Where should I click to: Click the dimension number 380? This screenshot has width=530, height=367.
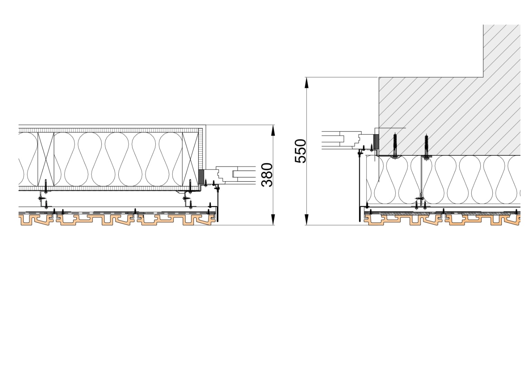pyautogui.click(x=267, y=175)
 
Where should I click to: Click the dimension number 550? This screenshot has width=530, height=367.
pyautogui.click(x=301, y=151)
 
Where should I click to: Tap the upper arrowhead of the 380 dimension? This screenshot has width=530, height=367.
pyautogui.click(x=273, y=131)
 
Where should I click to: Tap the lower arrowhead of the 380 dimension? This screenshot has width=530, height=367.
pyautogui.click(x=273, y=220)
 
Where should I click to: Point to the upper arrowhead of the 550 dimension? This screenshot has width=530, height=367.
pyautogui.click(x=307, y=83)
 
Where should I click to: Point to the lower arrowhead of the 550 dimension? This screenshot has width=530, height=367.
pyautogui.click(x=307, y=220)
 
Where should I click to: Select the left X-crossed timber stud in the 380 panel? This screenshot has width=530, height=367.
pyautogui.click(x=46, y=159)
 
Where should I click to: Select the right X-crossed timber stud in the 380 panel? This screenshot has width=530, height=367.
pyautogui.click(x=190, y=159)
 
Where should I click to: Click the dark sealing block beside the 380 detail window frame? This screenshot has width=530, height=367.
pyautogui.click(x=201, y=176)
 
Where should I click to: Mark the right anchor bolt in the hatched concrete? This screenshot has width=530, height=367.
pyautogui.click(x=426, y=147)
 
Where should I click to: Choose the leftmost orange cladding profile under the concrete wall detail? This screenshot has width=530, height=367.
pyautogui.click(x=403, y=220)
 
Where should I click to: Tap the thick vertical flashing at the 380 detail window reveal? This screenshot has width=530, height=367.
pyautogui.click(x=218, y=205)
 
